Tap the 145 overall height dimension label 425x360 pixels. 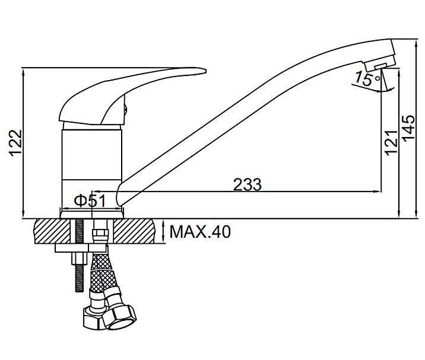click(x=408, y=128)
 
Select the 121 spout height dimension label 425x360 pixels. click(x=391, y=143)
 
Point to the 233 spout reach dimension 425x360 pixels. click(x=248, y=184)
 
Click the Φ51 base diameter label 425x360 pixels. click(x=90, y=201)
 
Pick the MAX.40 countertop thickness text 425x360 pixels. click(x=200, y=232)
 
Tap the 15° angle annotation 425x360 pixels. click(x=367, y=78)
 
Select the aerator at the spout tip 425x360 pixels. click(x=380, y=64)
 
